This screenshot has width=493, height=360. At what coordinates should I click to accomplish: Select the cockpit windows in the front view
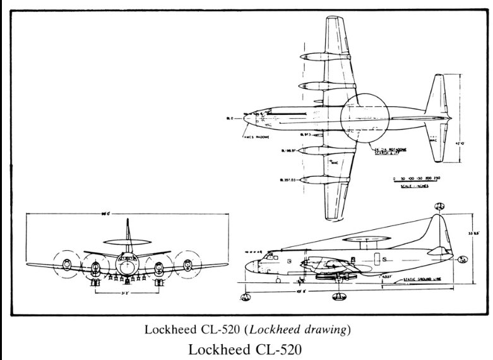point(128,258)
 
